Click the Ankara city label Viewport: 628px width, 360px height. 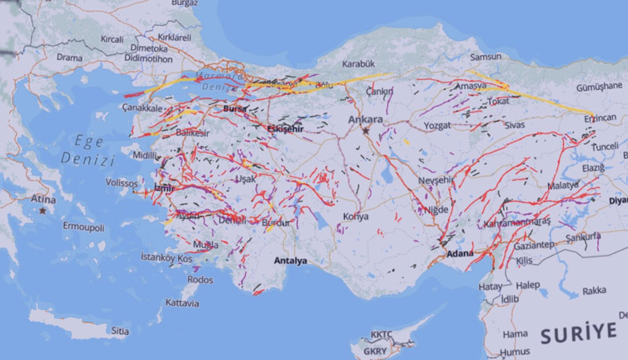[x=365, y=119]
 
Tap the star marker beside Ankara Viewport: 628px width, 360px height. [x=365, y=131]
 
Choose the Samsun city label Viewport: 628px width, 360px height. [x=486, y=57]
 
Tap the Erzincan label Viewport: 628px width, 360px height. [x=599, y=117]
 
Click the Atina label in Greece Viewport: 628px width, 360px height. [x=43, y=199]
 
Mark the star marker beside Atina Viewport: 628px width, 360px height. [x=42, y=211]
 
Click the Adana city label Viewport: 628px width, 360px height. [x=460, y=253]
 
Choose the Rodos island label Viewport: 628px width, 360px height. [x=201, y=280]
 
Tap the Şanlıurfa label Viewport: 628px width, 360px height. [x=583, y=236]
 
